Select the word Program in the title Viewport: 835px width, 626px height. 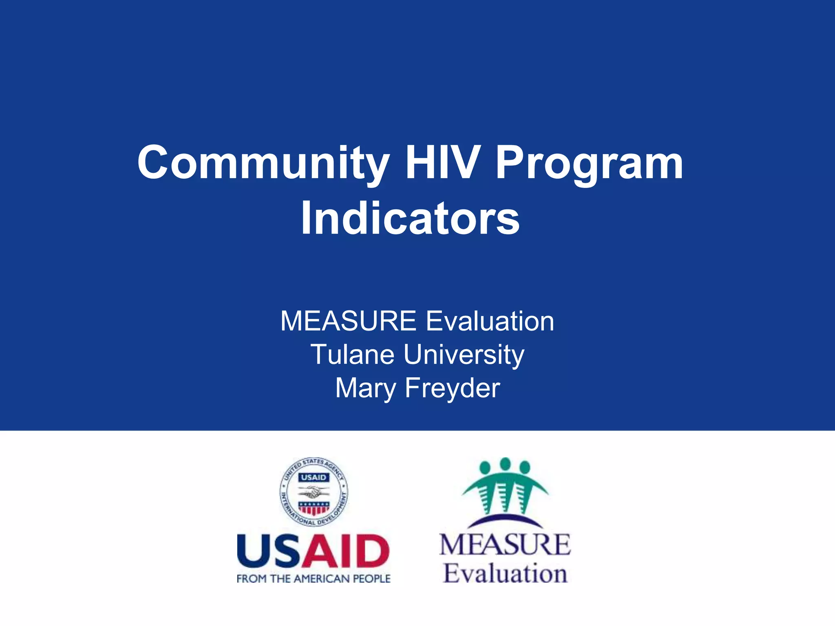tap(589, 163)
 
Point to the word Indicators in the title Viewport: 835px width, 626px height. tap(410, 218)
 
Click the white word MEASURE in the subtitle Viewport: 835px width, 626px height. tap(348, 321)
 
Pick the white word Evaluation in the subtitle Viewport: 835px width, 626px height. tap(490, 321)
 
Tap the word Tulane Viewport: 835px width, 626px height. tap(352, 354)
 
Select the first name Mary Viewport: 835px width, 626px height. tap(365, 388)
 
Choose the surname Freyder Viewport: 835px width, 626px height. tap(452, 388)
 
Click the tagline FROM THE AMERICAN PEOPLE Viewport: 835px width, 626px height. tap(314, 578)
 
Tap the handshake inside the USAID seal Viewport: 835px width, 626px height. tap(313, 493)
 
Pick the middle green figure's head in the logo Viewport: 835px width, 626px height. tap(505, 464)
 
